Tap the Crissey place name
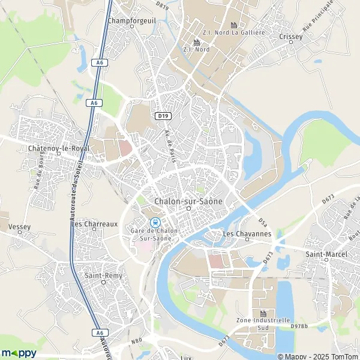(292, 36)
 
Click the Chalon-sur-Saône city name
(188, 202)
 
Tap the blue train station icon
(156, 222)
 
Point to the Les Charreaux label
(95, 224)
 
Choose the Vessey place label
(20, 227)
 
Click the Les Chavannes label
(247, 233)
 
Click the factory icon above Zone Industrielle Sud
(263, 313)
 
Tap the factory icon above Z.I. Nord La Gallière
(235, 25)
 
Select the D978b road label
(299, 326)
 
